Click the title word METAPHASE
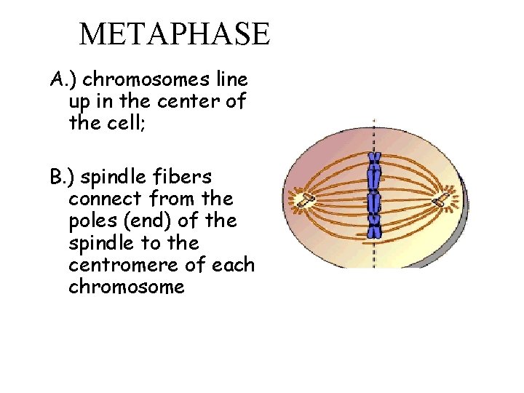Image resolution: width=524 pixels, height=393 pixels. coord(174,33)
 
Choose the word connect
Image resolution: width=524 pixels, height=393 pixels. coord(105,199)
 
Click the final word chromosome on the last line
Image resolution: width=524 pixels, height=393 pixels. coord(127,286)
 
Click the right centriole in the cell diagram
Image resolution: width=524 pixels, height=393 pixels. coord(442,199)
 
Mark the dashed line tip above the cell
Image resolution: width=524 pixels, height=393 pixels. coord(373,122)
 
